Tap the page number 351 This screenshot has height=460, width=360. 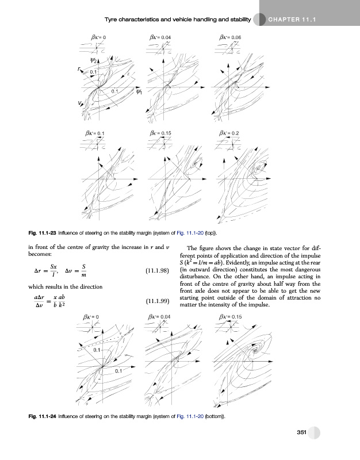click(x=296, y=432)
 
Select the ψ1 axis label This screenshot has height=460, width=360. click(x=139, y=92)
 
